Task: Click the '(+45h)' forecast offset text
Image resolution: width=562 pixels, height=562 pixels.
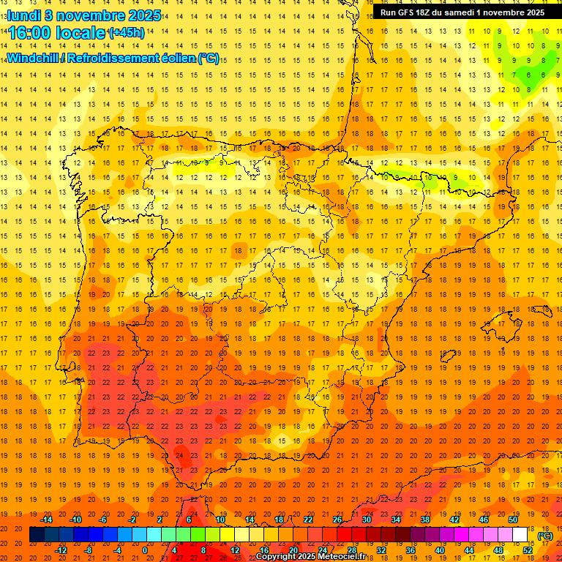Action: (127, 33)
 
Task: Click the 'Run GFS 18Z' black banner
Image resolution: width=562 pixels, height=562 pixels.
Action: (462, 12)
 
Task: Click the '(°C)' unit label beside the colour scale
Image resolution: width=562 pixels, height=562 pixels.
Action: (545, 536)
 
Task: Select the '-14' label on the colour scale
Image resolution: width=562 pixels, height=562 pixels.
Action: (47, 520)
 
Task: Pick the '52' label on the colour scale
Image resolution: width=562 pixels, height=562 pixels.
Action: (528, 550)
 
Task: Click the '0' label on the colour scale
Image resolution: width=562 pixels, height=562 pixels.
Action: (145, 550)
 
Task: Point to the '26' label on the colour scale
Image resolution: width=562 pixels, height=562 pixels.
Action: (337, 520)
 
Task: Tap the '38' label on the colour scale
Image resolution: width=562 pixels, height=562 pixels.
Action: (425, 520)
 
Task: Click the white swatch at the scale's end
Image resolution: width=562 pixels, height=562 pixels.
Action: (520, 535)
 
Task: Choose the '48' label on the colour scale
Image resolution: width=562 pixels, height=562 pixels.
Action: (498, 550)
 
